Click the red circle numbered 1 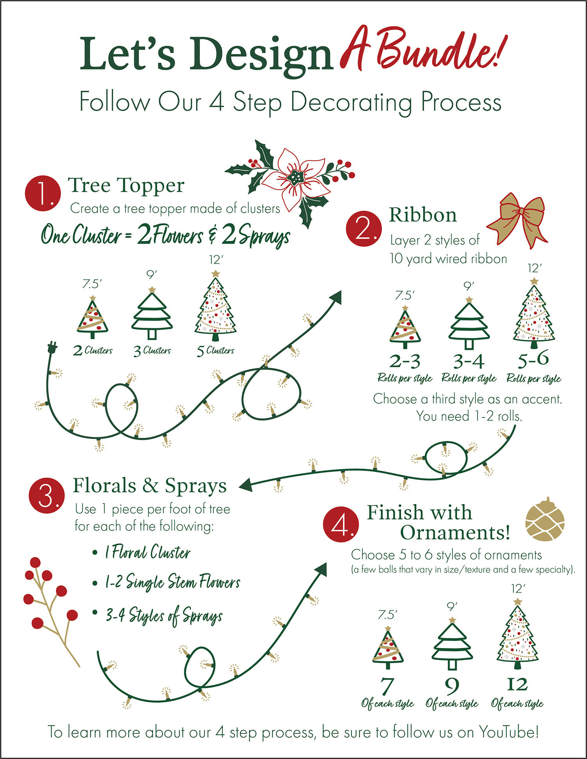tap(43, 193)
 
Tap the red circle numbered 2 tap(364, 229)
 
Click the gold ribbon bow tap(517, 221)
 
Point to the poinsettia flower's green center tap(295, 178)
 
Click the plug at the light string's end tap(52, 347)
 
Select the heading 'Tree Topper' tap(126, 185)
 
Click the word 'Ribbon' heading tap(423, 215)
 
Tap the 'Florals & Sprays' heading tap(150, 486)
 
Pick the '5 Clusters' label tap(215, 351)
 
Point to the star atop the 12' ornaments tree tap(518, 601)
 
